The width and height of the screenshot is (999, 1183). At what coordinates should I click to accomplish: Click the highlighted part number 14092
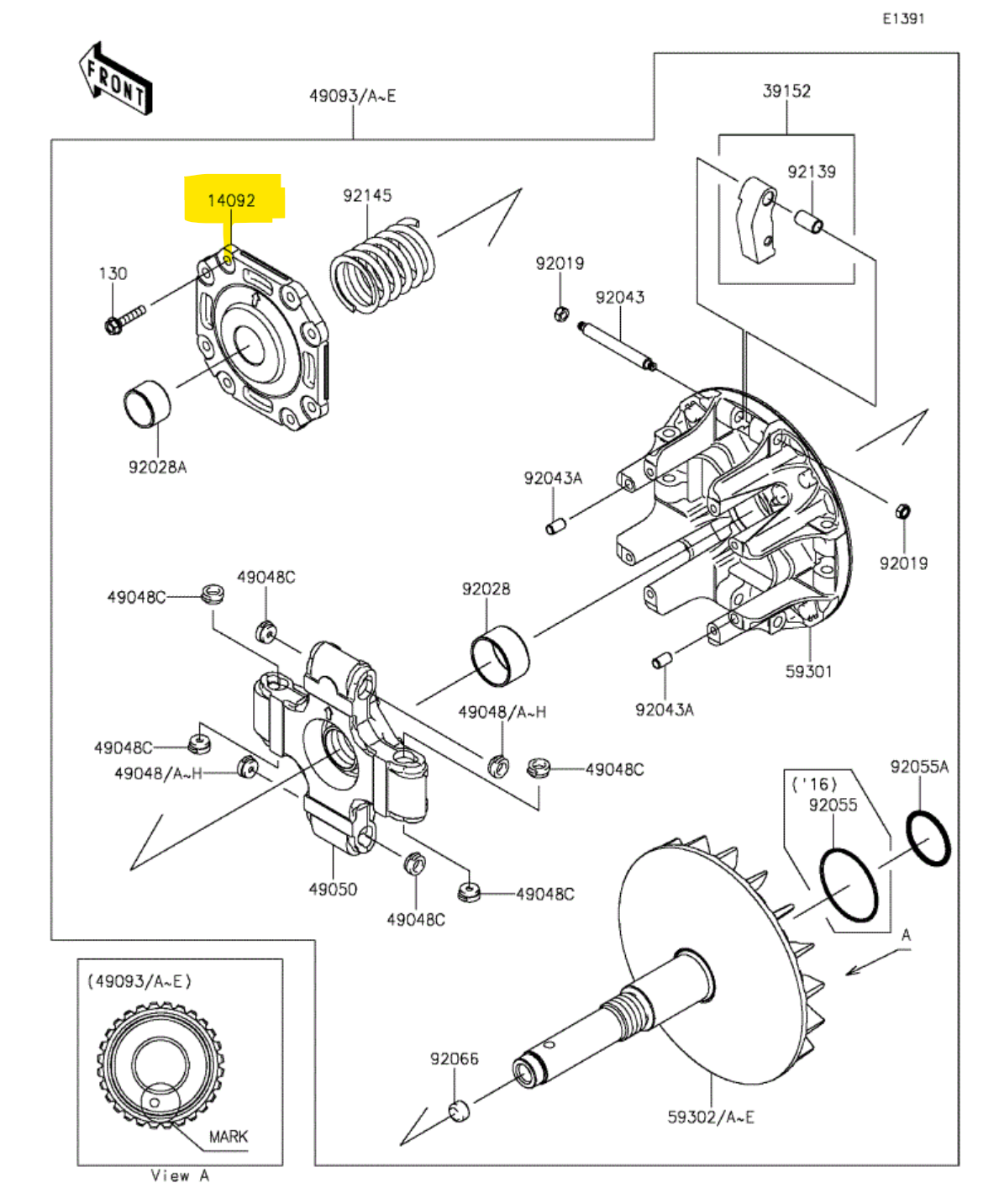point(232,201)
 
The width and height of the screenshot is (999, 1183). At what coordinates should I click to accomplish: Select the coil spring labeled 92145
point(382,267)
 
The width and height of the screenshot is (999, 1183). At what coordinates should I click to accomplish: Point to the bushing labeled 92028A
point(148,405)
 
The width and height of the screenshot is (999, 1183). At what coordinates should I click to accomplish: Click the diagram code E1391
point(903,18)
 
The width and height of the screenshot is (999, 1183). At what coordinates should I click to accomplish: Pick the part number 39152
point(786,91)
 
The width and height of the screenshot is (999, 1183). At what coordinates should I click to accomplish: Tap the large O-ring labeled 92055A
point(928,837)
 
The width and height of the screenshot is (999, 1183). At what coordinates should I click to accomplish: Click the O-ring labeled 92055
point(849,885)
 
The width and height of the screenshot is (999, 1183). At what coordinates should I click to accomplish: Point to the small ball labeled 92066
point(459,1111)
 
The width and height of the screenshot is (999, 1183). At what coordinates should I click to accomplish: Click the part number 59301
point(808,671)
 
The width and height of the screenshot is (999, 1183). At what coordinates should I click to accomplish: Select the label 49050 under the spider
point(333,889)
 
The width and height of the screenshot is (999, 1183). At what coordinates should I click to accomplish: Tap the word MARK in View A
point(228,1136)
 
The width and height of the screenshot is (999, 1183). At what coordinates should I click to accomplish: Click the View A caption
point(180,1175)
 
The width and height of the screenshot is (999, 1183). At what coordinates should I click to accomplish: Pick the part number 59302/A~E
point(711,1117)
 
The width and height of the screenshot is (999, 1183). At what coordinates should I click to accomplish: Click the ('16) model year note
point(814,784)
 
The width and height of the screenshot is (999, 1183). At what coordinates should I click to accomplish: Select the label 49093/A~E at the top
point(352,96)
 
